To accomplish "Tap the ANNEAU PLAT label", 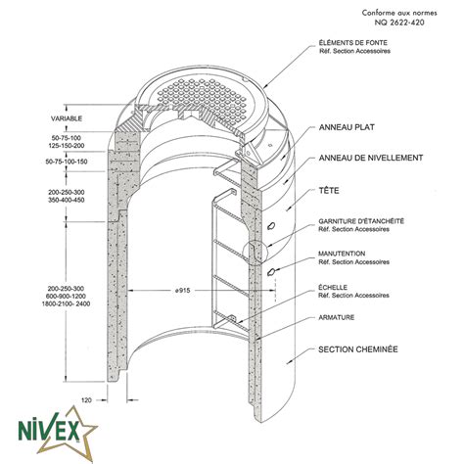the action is point(347,127).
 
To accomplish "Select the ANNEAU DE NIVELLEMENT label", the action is point(371,158).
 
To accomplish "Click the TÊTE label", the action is point(329,190).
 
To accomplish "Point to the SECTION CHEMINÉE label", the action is point(358,349).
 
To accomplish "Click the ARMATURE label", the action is point(337,317).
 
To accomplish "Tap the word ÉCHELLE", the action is point(333,288).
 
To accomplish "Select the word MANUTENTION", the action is point(342,254).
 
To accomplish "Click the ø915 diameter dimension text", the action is point(182,290).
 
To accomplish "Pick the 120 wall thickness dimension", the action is point(86,399).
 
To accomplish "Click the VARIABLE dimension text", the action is point(67,118).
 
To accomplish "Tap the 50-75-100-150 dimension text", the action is point(67,162).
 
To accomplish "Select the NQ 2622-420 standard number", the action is point(399,23).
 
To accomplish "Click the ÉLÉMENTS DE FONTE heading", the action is point(352,43).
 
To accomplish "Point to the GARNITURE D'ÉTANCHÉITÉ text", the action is point(361,221).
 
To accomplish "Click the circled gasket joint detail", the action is point(255,254).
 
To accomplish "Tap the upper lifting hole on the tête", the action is point(271,225).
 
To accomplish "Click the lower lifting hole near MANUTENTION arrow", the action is point(271,271).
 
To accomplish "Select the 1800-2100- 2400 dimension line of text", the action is point(66,303).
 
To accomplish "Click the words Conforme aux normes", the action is point(399,13).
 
